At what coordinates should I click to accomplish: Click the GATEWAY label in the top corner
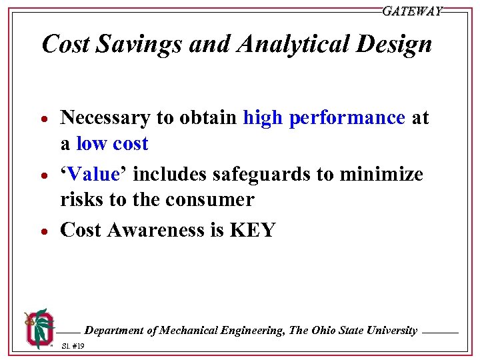(411, 11)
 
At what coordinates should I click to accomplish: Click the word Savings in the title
(137, 45)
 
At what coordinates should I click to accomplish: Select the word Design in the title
(399, 45)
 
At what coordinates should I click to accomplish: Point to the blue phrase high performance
(324, 118)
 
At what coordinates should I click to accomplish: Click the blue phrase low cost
(112, 144)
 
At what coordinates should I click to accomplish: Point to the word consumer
(211, 200)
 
